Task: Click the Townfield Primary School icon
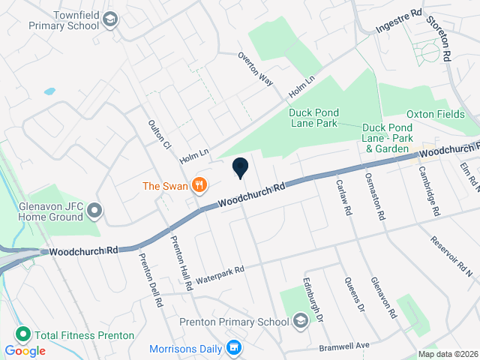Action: tap(110, 19)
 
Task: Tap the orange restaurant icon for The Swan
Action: tap(199, 184)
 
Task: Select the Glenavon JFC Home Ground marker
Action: tap(94, 211)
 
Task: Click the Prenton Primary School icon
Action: tap(300, 322)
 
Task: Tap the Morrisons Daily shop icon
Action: tap(233, 348)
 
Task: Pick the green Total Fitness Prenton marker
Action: tap(23, 334)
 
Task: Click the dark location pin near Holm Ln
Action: tap(241, 168)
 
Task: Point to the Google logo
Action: tap(25, 350)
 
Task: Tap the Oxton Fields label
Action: tap(436, 114)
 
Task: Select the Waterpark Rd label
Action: tap(220, 275)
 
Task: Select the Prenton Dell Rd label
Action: tap(150, 280)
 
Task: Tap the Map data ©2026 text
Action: tap(448, 354)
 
